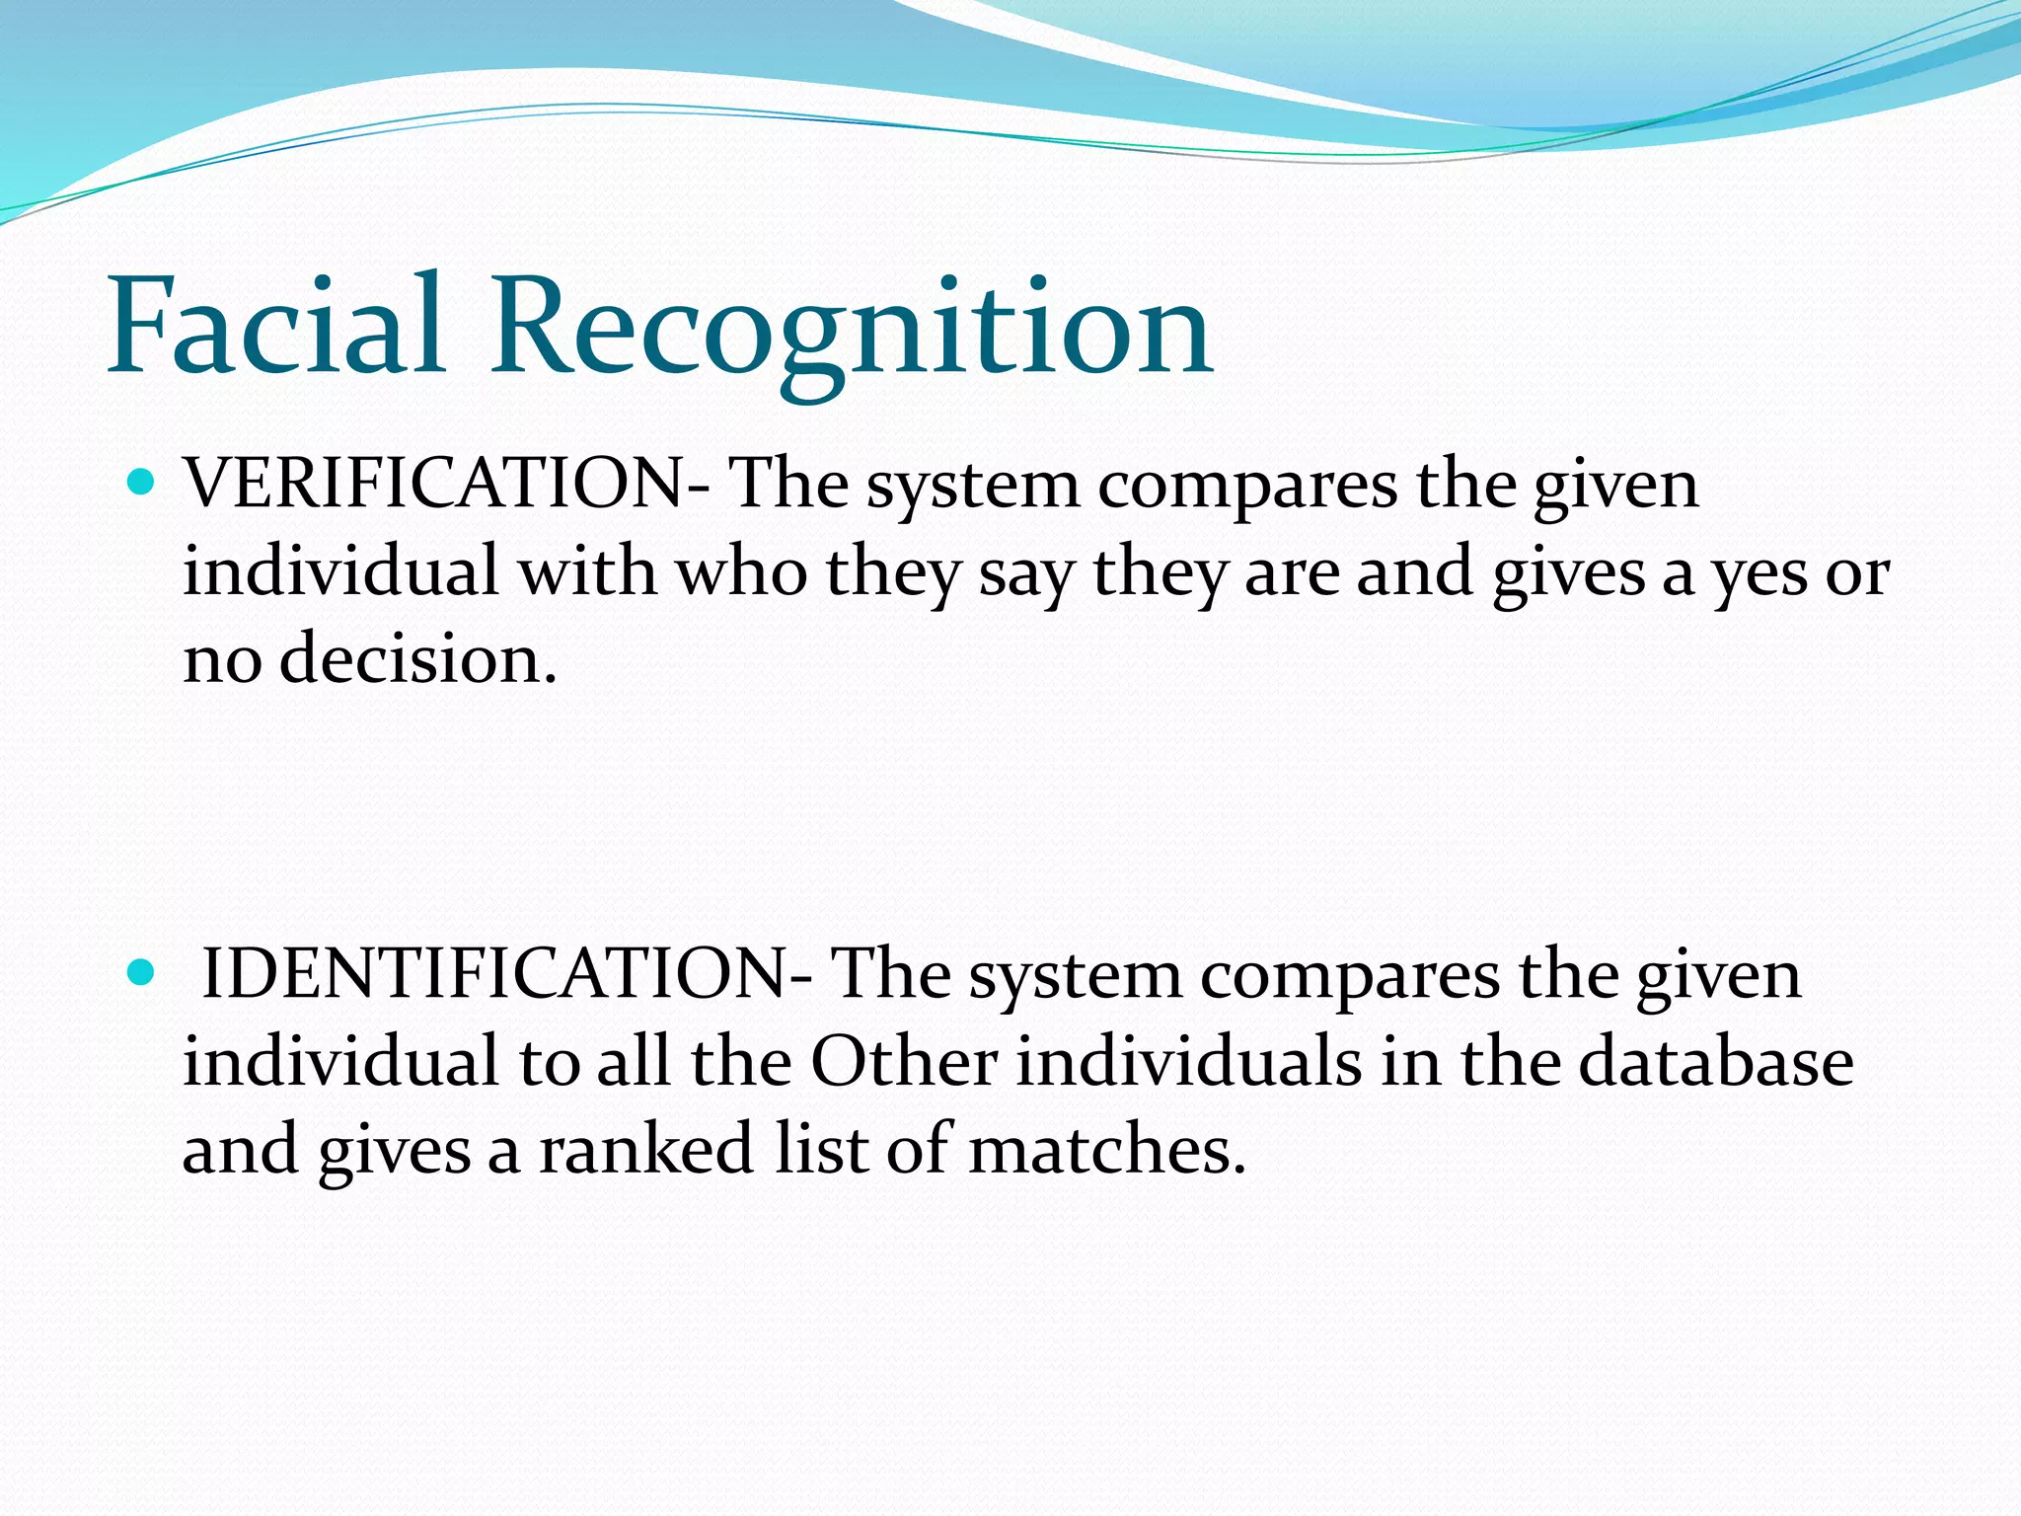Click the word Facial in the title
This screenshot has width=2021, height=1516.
276,326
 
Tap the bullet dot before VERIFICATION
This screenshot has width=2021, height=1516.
143,484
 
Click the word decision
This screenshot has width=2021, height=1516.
418,659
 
